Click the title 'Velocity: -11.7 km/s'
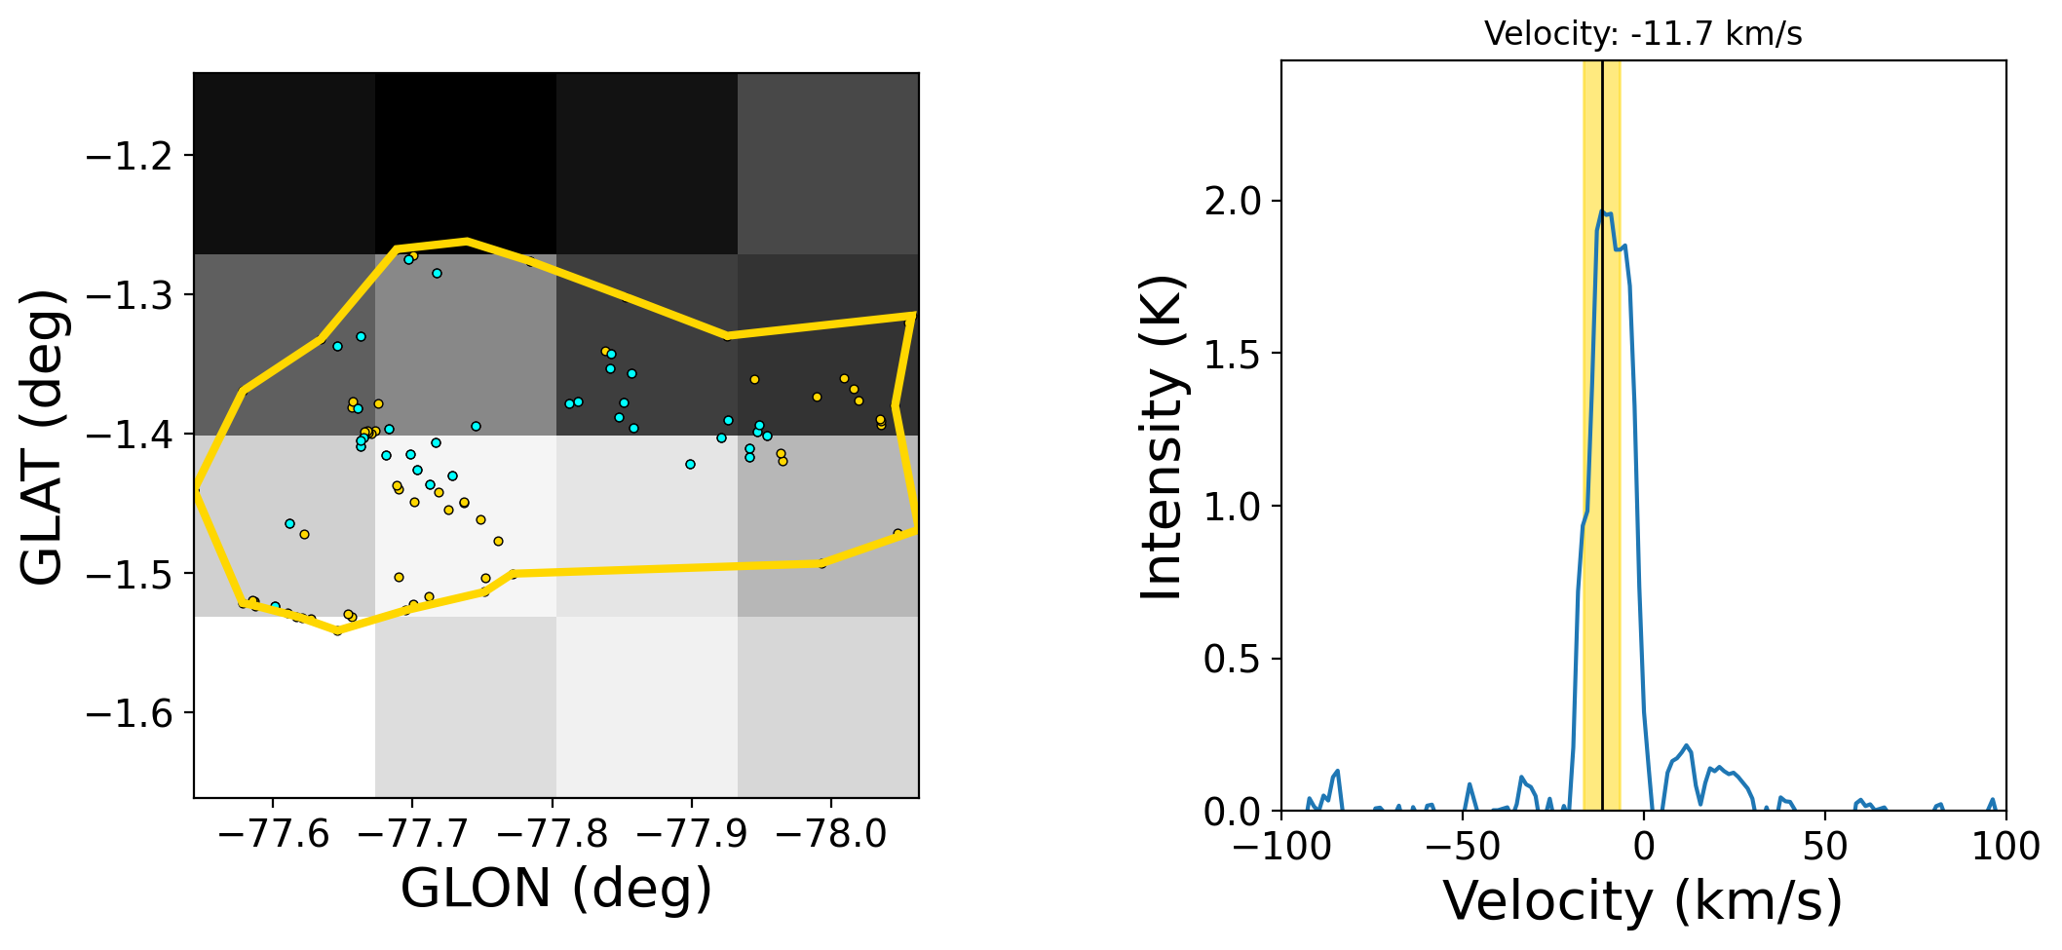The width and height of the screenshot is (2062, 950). [1643, 34]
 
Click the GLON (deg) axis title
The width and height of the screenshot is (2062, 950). [556, 889]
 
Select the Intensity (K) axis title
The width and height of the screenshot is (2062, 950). [1162, 437]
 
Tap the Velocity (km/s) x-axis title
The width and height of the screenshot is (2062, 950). [1643, 900]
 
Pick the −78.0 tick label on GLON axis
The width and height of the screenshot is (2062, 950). [830, 835]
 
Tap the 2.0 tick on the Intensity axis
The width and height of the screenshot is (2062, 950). [1232, 201]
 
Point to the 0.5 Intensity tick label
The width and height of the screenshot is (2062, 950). [1232, 659]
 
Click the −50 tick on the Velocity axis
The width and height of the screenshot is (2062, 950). [1463, 846]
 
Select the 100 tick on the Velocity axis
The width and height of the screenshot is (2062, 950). [2005, 846]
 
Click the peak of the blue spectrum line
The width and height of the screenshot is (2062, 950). [1602, 210]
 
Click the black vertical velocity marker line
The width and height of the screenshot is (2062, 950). [1603, 487]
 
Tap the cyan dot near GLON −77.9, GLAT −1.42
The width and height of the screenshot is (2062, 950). [690, 464]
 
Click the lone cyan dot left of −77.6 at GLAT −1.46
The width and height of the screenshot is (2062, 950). [289, 523]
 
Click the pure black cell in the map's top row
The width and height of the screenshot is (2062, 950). [466, 164]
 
